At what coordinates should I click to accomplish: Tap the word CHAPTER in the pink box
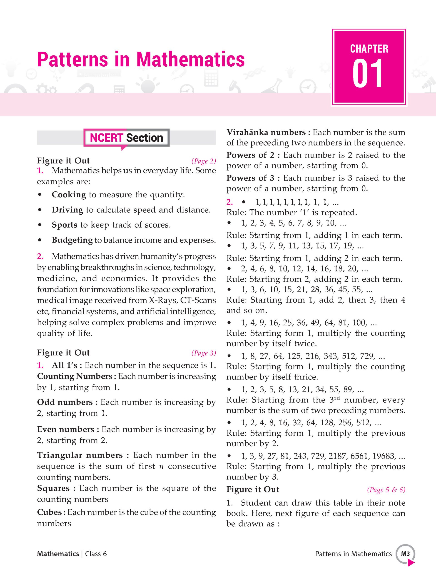pyautogui.click(x=369, y=49)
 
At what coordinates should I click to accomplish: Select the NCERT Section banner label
pyautogui.click(x=126, y=138)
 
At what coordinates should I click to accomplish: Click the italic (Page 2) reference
pyautogui.click(x=204, y=161)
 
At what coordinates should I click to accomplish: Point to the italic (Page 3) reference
pyautogui.click(x=204, y=353)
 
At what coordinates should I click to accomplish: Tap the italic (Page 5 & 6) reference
pyautogui.click(x=386, y=490)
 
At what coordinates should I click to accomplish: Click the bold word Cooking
pyautogui.click(x=69, y=195)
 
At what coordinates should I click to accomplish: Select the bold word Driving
pyautogui.click(x=67, y=210)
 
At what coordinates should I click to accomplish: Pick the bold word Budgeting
pyautogui.click(x=72, y=240)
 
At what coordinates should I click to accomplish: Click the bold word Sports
pyautogui.click(x=65, y=225)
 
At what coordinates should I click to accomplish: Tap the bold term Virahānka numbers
pyautogui.click(x=266, y=132)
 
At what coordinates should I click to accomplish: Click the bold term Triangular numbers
pyautogui.click(x=80, y=455)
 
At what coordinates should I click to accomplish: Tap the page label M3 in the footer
pyautogui.click(x=405, y=554)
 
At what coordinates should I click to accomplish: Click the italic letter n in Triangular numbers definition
pyautogui.click(x=161, y=467)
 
